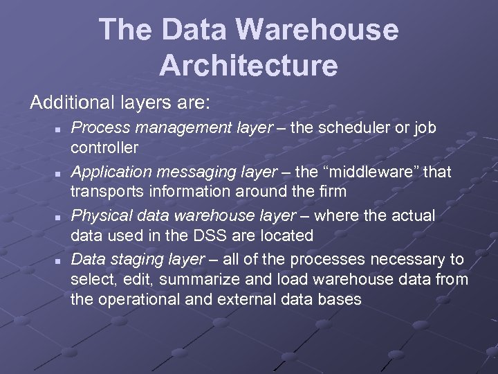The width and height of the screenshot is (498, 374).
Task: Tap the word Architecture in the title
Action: (248, 66)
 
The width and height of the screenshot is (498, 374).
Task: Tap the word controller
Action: (105, 148)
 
